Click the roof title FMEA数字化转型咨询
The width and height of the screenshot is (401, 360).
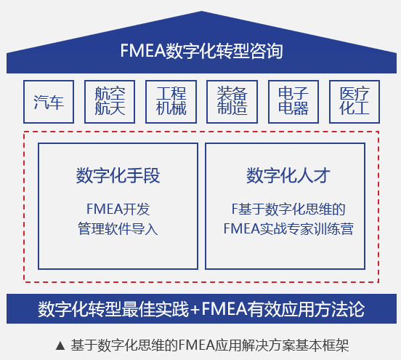(201, 51)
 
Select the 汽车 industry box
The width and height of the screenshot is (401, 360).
(49, 102)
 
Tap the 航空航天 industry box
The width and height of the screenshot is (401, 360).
(110, 102)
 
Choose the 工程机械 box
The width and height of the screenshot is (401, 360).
(171, 102)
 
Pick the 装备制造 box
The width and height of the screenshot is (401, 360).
(232, 102)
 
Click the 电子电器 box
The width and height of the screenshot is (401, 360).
(293, 102)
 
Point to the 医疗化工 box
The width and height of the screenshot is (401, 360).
(355, 102)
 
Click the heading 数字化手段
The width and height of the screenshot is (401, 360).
(118, 175)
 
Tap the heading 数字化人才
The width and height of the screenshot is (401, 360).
(288, 175)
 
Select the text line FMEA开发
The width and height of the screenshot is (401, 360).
(118, 209)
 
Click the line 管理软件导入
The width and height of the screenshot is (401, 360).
(118, 228)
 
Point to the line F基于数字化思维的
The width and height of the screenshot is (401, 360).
(288, 209)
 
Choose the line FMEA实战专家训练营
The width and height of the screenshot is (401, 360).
(288, 228)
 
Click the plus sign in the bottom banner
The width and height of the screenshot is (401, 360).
(195, 310)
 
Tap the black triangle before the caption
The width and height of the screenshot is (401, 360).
(60, 345)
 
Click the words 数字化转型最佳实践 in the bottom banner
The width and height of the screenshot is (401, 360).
(113, 309)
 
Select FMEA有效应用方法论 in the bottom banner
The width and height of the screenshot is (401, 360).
(283, 309)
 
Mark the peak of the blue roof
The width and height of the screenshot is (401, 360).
(201, 11)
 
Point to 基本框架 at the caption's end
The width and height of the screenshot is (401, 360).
(323, 345)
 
